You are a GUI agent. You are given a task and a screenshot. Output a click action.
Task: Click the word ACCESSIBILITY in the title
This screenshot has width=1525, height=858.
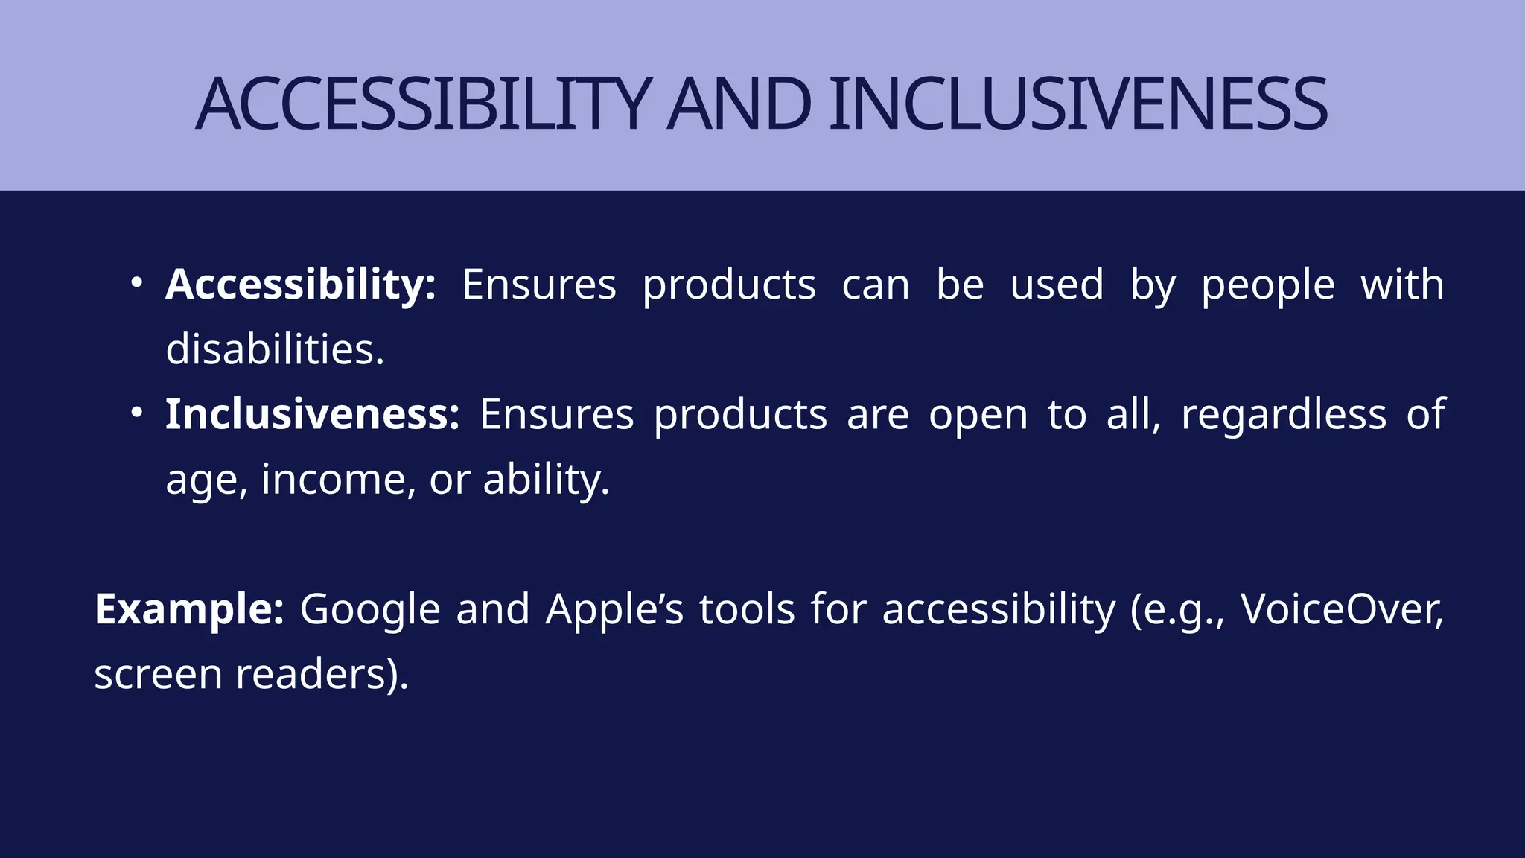[x=423, y=104]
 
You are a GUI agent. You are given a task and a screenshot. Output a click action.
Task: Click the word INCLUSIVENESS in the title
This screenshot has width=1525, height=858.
[x=1077, y=104]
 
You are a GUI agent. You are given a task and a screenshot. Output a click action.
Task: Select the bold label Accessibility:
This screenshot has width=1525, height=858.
[x=300, y=285]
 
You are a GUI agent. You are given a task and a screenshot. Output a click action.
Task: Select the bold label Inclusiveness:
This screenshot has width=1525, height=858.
[x=312, y=414]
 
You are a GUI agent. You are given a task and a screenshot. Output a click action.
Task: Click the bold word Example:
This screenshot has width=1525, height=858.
[x=189, y=609]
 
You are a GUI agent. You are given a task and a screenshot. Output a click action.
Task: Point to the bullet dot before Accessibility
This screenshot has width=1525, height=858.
[x=136, y=283]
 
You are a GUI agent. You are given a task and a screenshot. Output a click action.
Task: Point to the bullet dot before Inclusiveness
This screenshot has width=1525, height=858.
[x=136, y=413]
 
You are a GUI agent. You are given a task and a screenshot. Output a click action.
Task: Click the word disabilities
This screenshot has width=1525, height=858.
[x=274, y=349]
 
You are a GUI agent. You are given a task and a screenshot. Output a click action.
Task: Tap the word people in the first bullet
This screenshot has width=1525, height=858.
[x=1267, y=286]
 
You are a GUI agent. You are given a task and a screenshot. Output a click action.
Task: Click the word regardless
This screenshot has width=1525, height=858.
[x=1283, y=415]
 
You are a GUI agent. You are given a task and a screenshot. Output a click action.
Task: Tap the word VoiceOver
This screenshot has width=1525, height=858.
[x=1340, y=609]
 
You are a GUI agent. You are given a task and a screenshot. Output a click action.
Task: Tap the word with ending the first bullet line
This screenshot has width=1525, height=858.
[x=1402, y=285]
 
